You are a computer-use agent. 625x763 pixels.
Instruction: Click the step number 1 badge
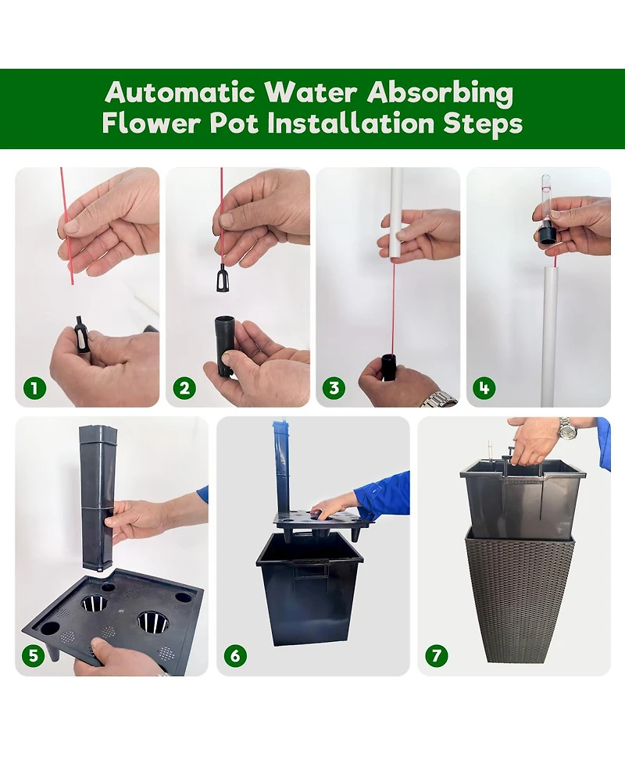coord(34,388)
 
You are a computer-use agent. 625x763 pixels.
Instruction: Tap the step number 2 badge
coord(184,388)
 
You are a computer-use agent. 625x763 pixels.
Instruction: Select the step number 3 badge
coord(334,388)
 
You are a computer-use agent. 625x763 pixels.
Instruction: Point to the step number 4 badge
coord(484,388)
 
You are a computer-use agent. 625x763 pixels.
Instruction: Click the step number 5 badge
coord(33,655)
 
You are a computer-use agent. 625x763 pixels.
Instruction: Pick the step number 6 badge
coord(235,655)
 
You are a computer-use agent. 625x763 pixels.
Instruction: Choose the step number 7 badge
coord(437,655)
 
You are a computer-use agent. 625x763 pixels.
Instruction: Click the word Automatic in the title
coord(180,91)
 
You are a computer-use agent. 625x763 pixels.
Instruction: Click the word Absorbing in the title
coord(440,93)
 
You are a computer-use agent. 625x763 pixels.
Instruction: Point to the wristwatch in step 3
coord(439,399)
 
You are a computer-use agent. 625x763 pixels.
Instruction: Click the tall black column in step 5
coord(96,497)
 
